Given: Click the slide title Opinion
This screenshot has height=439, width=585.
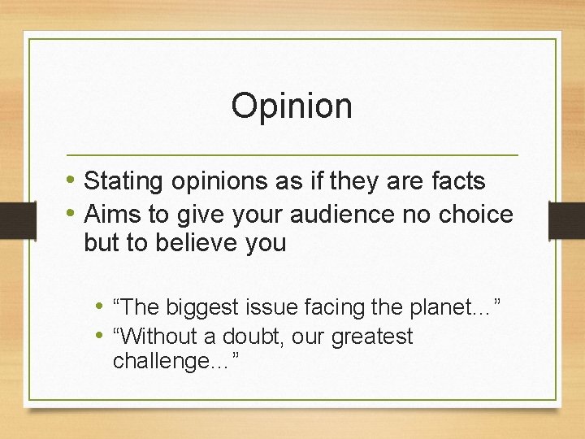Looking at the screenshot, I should pos(292,106).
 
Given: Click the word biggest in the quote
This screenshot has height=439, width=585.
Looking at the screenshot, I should pos(200,307).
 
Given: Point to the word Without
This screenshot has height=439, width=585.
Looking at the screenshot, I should pos(161,337).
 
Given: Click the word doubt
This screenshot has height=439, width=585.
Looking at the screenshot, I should pos(247,337).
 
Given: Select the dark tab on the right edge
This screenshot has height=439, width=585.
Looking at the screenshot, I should pos(566,220).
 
